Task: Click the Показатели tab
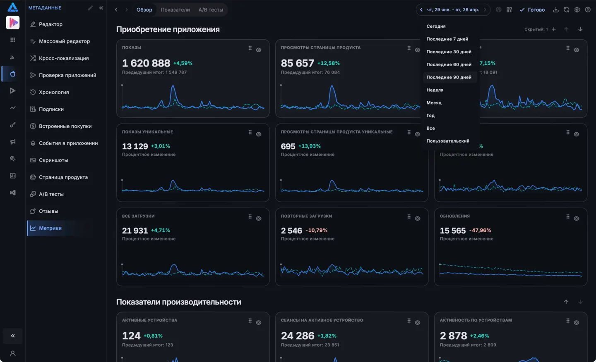coord(175,10)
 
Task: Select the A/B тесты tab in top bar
coord(210,10)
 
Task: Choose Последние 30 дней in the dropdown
coord(449,52)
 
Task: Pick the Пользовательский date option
coord(448,141)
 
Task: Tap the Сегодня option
coord(436,26)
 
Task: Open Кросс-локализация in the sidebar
coord(64,58)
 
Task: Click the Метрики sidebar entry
coord(50,228)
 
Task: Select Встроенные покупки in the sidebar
coord(65,126)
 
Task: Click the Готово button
coord(532,10)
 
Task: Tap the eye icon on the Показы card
coord(259,50)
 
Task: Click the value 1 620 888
coord(146,63)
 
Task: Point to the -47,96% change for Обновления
coord(480,230)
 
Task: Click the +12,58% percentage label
coord(328,63)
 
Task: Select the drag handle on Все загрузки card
coord(250,217)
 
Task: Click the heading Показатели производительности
coord(178,302)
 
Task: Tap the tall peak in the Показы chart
coord(173,86)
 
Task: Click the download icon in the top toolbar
coord(556,10)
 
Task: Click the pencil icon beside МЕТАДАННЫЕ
coord(90,8)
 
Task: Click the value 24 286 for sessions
coord(298,336)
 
